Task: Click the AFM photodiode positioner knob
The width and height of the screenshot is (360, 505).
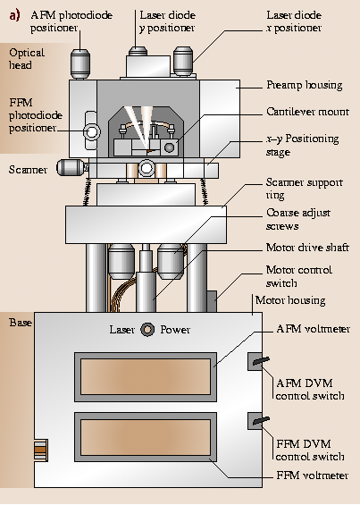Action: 80,63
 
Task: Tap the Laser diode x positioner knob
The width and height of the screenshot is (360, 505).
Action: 183,62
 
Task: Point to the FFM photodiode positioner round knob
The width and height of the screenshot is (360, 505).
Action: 92,131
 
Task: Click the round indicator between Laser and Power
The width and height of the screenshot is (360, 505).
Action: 147,330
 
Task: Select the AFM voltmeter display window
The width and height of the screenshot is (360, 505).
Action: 146,377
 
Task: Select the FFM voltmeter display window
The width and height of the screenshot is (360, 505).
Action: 146,437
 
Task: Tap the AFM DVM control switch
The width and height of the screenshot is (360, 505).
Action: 258,361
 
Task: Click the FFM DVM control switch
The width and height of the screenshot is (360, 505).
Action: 258,421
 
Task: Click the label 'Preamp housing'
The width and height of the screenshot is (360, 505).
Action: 305,85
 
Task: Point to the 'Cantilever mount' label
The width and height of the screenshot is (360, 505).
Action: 307,112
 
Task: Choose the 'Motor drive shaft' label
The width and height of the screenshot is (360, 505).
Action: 307,248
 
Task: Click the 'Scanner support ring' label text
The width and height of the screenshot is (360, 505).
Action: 304,189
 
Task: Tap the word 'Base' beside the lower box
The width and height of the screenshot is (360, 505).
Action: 21,323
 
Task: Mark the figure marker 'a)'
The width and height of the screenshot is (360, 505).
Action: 14,15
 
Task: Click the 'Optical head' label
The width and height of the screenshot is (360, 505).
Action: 27,59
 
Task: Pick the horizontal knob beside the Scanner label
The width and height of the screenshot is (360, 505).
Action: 72,167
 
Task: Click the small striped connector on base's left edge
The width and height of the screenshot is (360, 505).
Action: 41,450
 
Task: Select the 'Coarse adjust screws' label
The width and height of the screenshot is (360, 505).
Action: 297,219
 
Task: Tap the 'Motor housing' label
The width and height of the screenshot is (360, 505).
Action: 290,300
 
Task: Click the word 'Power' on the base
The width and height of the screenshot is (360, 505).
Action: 175,330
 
